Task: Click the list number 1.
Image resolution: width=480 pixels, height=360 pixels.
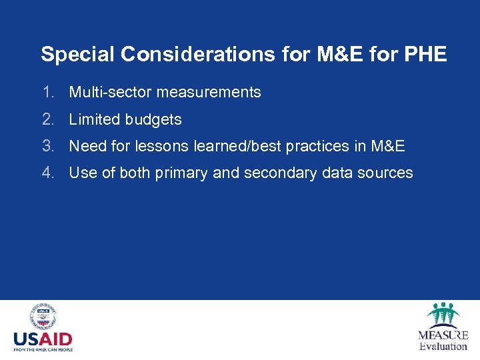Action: [47, 92]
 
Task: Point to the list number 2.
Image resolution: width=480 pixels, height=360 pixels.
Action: [47, 119]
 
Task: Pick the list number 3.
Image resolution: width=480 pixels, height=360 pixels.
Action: [47, 146]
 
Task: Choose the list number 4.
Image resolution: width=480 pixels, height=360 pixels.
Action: [47, 173]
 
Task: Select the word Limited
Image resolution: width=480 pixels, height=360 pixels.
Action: [92, 119]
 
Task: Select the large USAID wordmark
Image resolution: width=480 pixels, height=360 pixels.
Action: [43, 339]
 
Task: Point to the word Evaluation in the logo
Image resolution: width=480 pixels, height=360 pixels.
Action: [443, 345]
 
